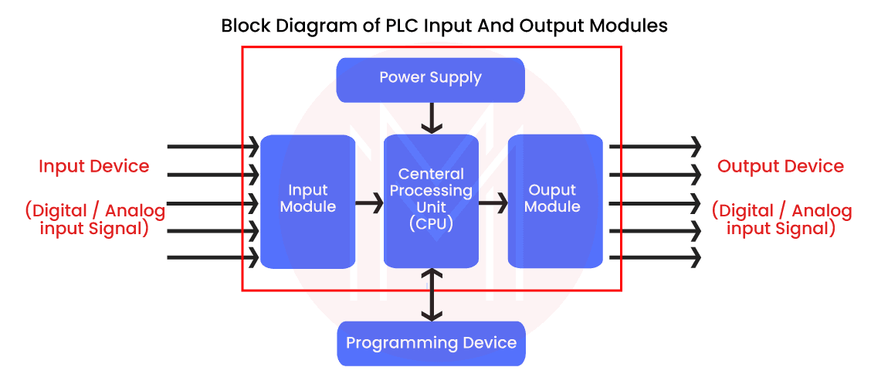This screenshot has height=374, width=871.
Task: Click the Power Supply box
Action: coord(430,78)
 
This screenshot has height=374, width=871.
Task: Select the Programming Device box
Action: coord(431,342)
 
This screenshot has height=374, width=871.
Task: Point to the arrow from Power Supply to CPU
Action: coord(431,118)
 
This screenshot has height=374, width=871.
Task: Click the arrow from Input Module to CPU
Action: coord(369,205)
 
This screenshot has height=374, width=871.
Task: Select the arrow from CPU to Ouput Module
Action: coord(493,205)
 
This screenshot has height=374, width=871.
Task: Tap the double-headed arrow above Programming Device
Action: coord(431,295)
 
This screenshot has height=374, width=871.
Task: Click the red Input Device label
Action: coord(94,166)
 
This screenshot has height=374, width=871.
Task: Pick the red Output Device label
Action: coord(780,166)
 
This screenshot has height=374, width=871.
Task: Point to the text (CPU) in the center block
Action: coord(431,224)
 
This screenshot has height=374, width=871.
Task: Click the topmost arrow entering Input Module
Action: coord(212,145)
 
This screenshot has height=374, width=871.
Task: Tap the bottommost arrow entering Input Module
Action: coord(212,256)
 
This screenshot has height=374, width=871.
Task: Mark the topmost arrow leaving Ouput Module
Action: coord(655,145)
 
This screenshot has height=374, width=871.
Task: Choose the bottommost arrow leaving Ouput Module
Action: coord(655,256)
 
